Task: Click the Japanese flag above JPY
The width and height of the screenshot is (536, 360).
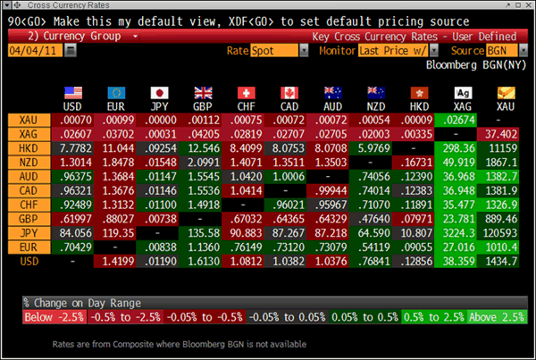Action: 160,92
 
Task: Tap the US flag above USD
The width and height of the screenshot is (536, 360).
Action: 75,92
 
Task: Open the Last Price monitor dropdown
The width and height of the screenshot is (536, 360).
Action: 393,51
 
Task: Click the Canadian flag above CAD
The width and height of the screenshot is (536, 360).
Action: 289,92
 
